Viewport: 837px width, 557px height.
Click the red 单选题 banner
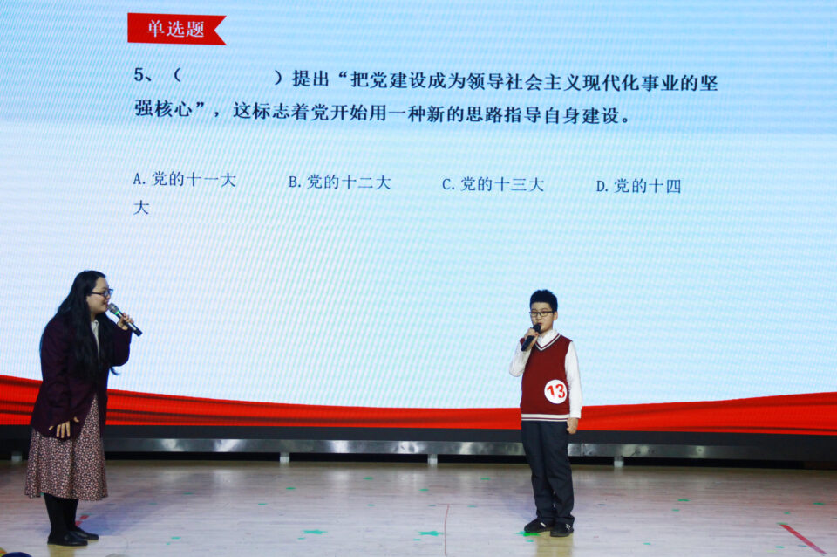(176, 29)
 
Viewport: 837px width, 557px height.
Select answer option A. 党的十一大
(184, 179)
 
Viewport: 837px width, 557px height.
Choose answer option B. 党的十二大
(339, 182)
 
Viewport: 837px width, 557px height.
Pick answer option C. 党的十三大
(493, 184)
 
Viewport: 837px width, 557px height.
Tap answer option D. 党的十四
(638, 186)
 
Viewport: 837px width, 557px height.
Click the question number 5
(139, 75)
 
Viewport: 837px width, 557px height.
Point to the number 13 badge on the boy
(555, 391)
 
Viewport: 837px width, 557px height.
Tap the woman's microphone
(125, 320)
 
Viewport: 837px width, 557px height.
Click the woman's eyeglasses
(101, 293)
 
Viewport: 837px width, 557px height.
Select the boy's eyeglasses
(541, 313)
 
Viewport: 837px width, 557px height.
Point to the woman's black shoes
(72, 537)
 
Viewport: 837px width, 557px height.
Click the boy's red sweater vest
(546, 376)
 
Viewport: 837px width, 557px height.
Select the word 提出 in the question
(310, 79)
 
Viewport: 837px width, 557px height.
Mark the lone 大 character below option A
(141, 208)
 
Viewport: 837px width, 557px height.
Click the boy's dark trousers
(548, 471)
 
